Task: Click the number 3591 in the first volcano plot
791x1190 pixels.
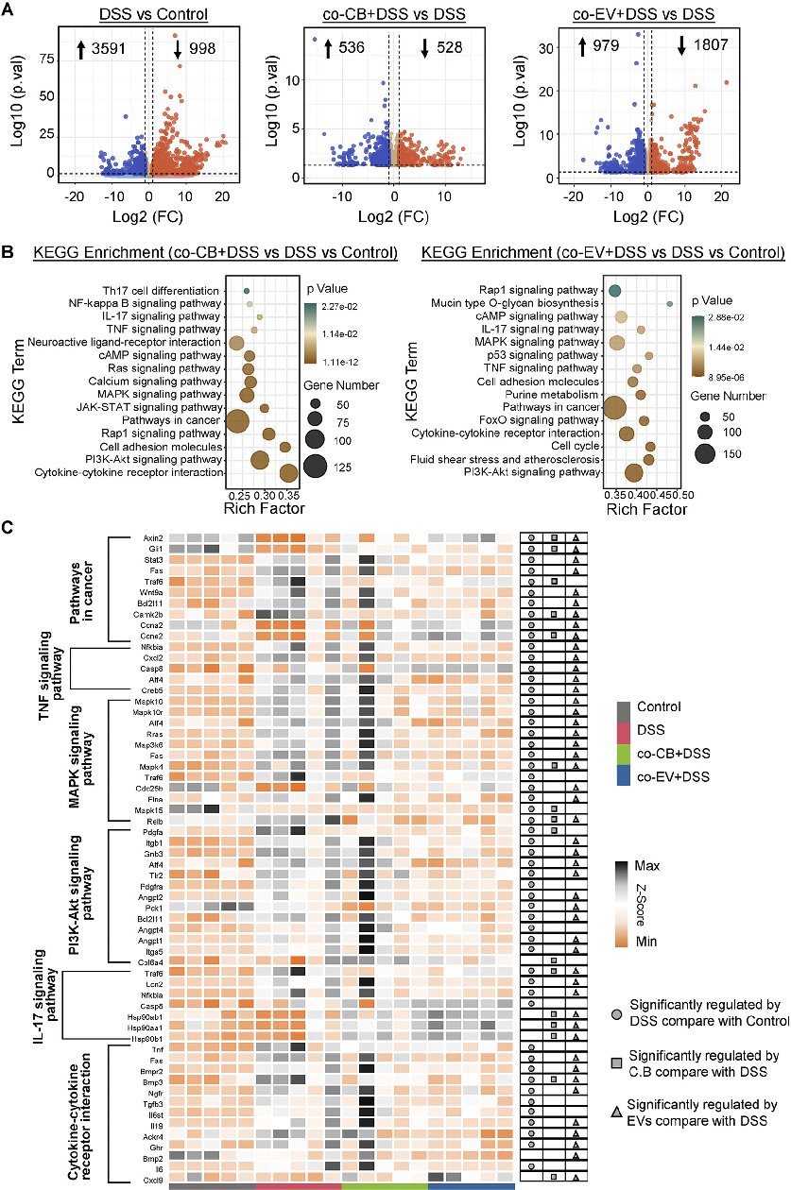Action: (x=104, y=49)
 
